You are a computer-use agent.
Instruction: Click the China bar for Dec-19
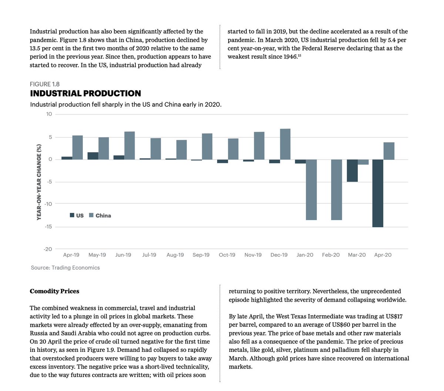285,144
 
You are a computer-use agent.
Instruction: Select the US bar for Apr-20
378,193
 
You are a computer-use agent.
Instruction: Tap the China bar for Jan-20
311,190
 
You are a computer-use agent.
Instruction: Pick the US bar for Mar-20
352,171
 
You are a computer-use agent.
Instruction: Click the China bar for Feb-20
336,190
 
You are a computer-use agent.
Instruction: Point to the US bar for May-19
93,156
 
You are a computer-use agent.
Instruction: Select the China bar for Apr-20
389,151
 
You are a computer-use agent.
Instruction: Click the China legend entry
100,216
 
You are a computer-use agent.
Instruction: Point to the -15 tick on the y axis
48,227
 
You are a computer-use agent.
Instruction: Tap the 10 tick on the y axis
49,114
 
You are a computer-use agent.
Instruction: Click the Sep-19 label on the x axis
201,255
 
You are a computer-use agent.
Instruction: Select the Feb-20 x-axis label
331,255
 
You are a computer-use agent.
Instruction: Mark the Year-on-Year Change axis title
39,182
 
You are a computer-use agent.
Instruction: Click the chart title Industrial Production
85,93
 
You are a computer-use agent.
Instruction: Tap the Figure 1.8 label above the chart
44,84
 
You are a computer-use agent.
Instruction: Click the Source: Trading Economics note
65,268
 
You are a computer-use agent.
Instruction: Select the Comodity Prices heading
54,291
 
